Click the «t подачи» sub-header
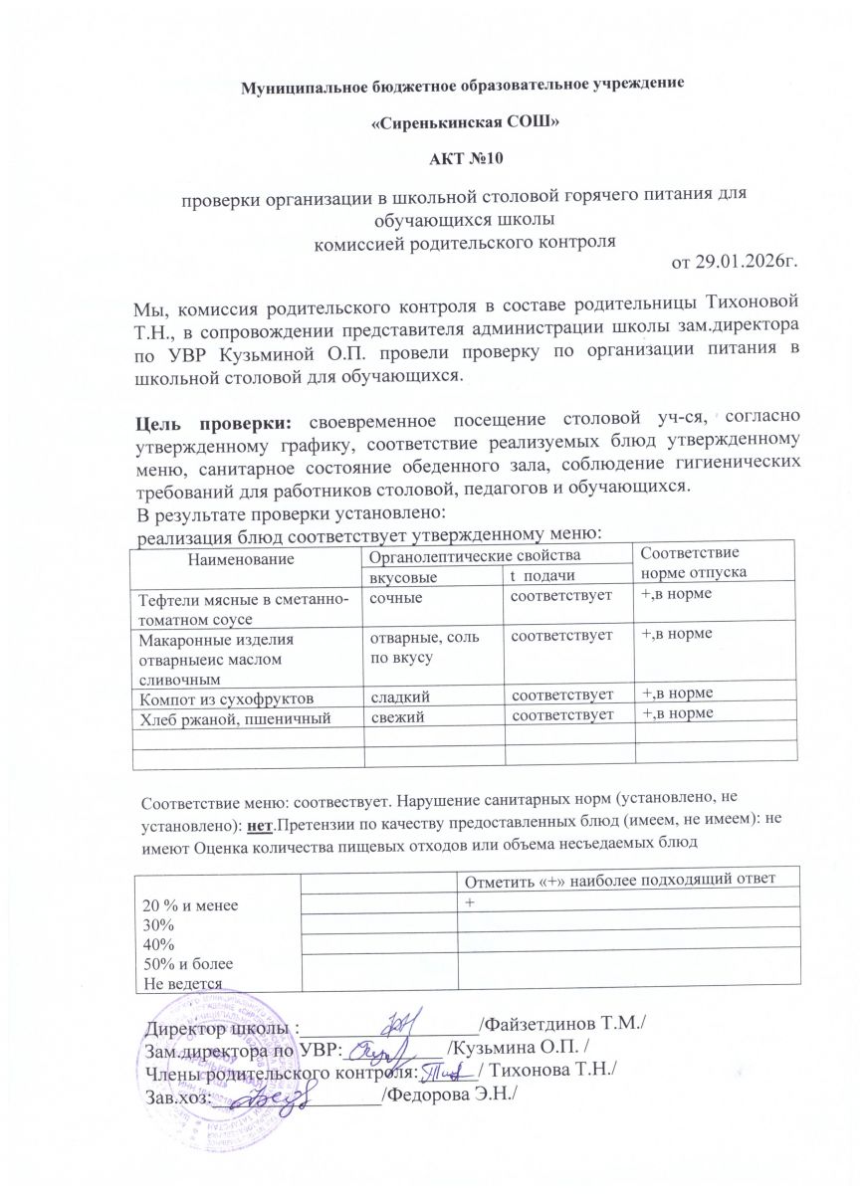coord(542,577)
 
